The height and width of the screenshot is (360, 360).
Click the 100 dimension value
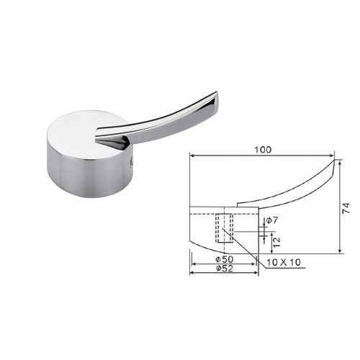click(263, 150)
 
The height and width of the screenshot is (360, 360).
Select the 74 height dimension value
click(346, 208)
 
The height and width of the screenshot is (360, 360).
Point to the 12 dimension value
click(276, 243)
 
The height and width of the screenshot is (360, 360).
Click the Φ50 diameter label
click(224, 259)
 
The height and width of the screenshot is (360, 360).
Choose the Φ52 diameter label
click(225, 269)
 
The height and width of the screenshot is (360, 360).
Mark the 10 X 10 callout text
click(284, 262)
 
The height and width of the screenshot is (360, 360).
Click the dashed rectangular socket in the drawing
click(224, 228)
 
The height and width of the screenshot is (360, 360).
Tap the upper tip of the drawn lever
click(334, 160)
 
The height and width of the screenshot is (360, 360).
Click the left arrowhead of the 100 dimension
click(192, 156)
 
